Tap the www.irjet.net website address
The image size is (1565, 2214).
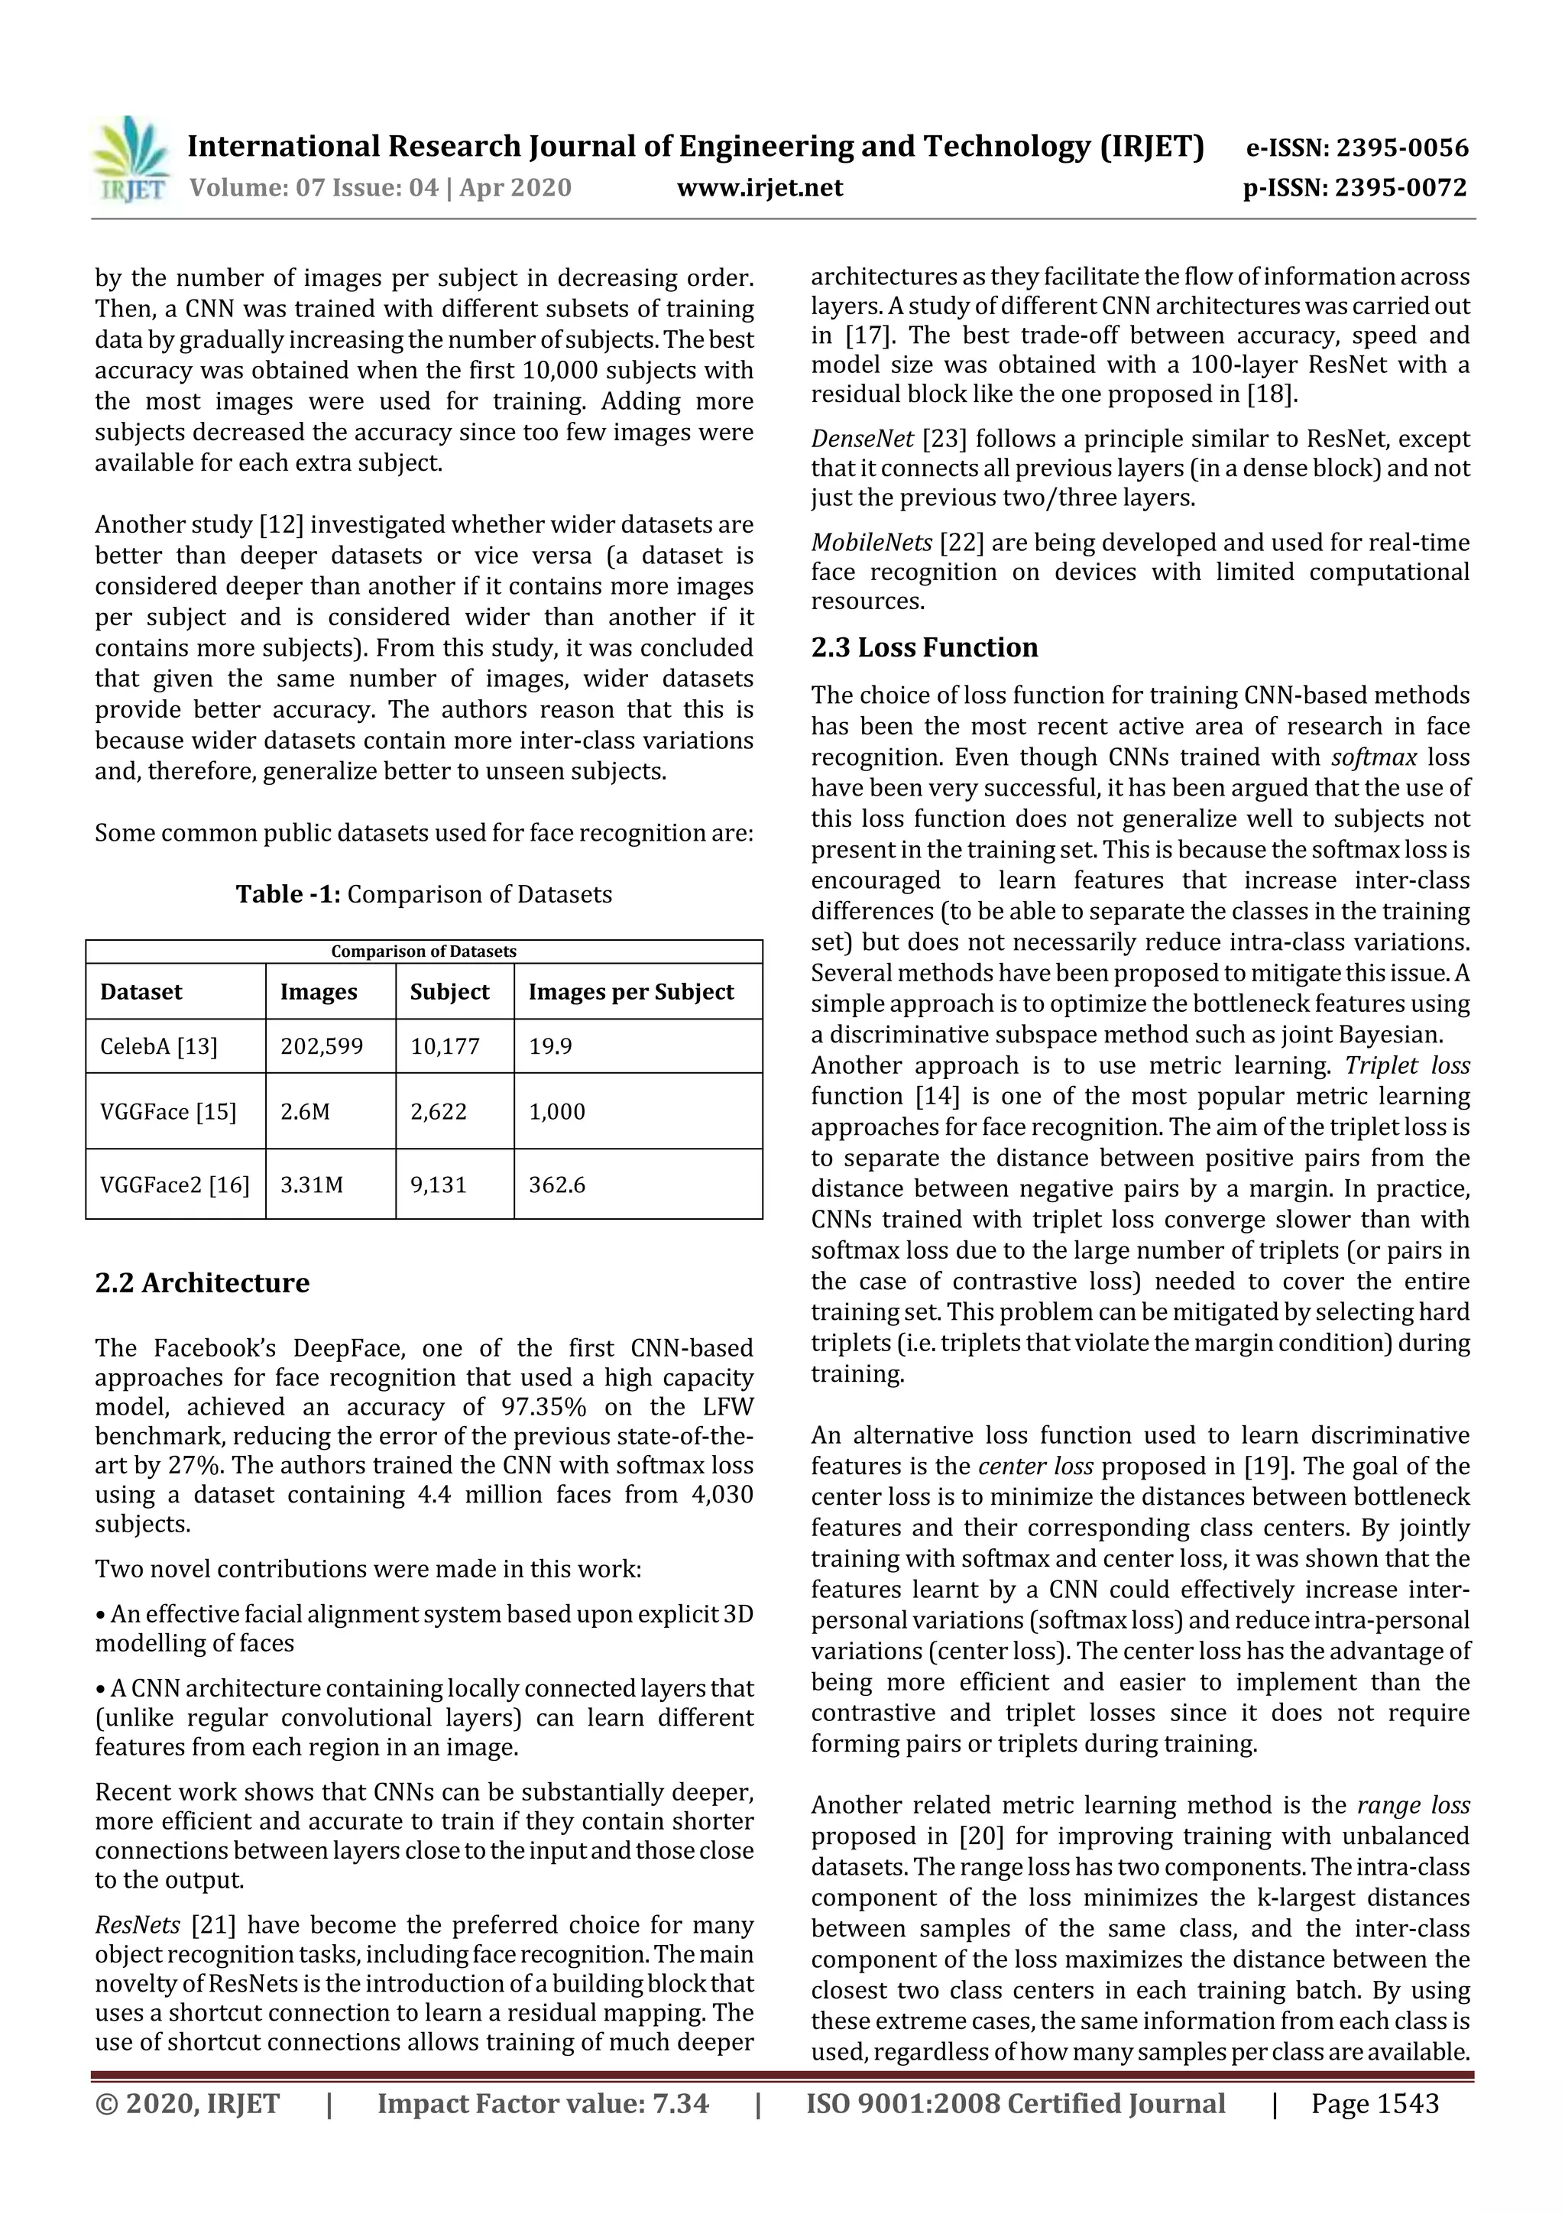tap(760, 187)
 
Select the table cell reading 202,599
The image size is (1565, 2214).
tap(322, 1046)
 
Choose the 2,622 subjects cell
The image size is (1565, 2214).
tap(439, 1111)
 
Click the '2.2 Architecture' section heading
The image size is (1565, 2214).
tap(203, 1282)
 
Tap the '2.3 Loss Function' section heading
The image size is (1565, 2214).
tap(924, 647)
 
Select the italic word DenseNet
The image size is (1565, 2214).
tap(862, 439)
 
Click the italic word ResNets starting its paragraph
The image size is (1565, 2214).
tap(137, 1924)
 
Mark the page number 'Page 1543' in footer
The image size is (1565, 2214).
tap(1374, 2103)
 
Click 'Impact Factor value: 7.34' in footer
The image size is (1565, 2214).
tap(543, 2103)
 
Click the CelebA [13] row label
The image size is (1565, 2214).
tap(159, 1046)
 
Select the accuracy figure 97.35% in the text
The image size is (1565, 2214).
tap(546, 1406)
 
